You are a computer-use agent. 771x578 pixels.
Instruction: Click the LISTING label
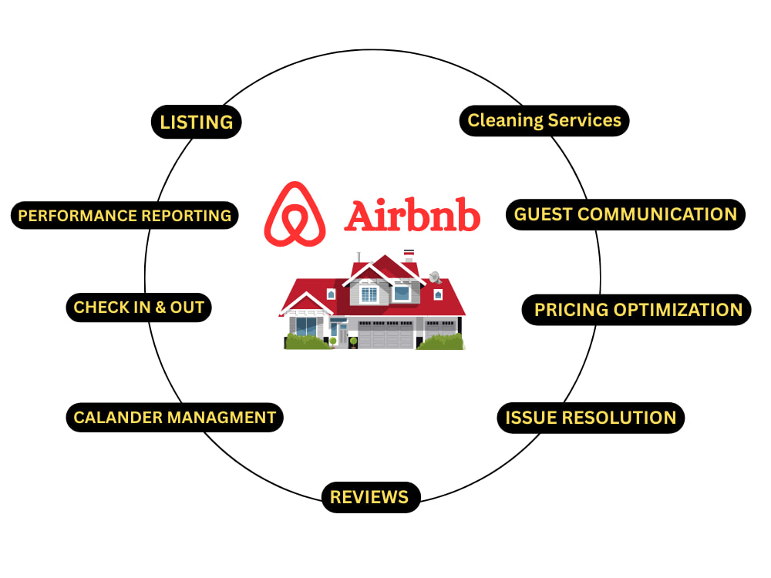coord(196,122)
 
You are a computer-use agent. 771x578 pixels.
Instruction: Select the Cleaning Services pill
coord(544,120)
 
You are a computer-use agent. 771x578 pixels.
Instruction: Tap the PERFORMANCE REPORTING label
coord(124,215)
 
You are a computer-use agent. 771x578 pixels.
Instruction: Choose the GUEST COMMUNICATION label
coord(625,214)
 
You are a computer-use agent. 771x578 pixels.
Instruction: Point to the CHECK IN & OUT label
coord(139,307)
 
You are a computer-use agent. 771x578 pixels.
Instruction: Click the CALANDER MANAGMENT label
coord(174,417)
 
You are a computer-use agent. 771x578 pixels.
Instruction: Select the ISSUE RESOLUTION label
coord(591,418)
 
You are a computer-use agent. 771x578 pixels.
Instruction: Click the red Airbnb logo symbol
coord(295,214)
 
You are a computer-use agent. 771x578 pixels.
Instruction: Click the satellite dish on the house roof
coord(435,277)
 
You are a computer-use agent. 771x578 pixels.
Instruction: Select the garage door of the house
coord(385,335)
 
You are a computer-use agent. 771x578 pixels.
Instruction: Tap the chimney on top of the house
coord(409,256)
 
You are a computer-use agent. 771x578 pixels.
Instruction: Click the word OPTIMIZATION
coord(678,310)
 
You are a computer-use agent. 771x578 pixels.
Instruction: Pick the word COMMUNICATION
coord(657,214)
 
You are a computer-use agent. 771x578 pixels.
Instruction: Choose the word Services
coord(584,120)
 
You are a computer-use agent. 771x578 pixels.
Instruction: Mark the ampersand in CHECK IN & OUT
coord(160,307)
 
